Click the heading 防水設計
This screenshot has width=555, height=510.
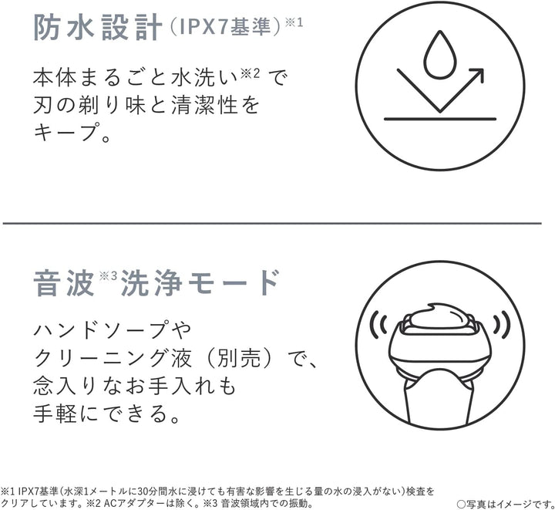pyautogui.click(x=98, y=28)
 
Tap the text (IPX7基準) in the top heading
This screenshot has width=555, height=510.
pyautogui.click(x=225, y=27)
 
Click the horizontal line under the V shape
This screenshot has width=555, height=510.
pyautogui.click(x=440, y=119)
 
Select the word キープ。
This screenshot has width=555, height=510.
pyautogui.click(x=72, y=133)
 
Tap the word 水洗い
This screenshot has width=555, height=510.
pyautogui.click(x=204, y=77)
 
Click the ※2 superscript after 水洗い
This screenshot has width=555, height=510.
pyautogui.click(x=251, y=73)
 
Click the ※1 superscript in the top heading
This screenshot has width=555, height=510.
pyautogui.click(x=294, y=22)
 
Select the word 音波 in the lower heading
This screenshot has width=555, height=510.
pyautogui.click(x=64, y=282)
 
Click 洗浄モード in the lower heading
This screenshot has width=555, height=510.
pyautogui.click(x=200, y=282)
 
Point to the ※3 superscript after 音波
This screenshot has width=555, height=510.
pyautogui.click(x=108, y=275)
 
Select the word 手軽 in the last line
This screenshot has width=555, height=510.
pyautogui.click(x=55, y=413)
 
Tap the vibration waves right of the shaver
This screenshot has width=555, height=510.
pyautogui.click(x=502, y=323)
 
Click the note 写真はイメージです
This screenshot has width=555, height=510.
pyautogui.click(x=505, y=503)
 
